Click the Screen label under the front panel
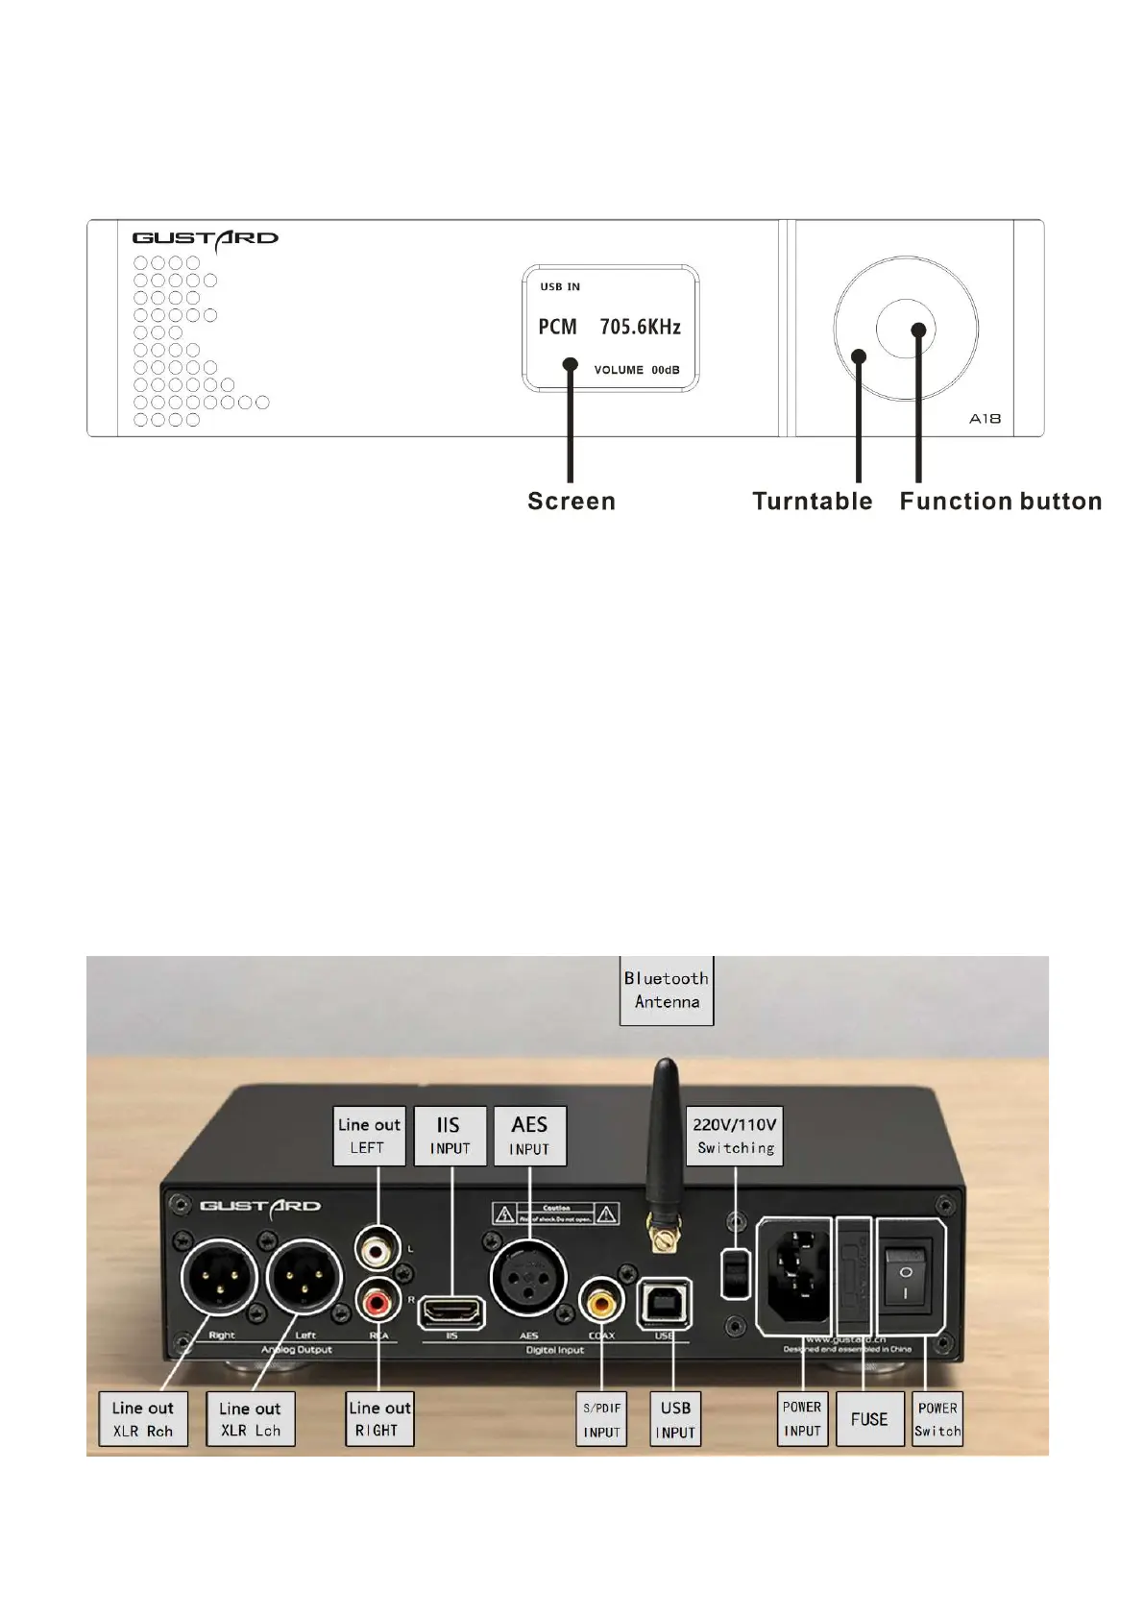click(572, 501)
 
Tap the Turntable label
click(812, 501)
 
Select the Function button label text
click(1000, 501)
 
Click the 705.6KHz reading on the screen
click(640, 327)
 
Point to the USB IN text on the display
click(560, 286)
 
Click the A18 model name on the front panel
click(985, 418)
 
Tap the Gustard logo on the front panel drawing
click(205, 239)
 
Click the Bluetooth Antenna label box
click(667, 990)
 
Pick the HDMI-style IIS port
click(451, 1311)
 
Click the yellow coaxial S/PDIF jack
click(601, 1302)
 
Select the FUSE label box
click(869, 1418)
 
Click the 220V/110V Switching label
click(735, 1136)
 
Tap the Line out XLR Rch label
click(142, 1418)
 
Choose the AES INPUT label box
click(529, 1136)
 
